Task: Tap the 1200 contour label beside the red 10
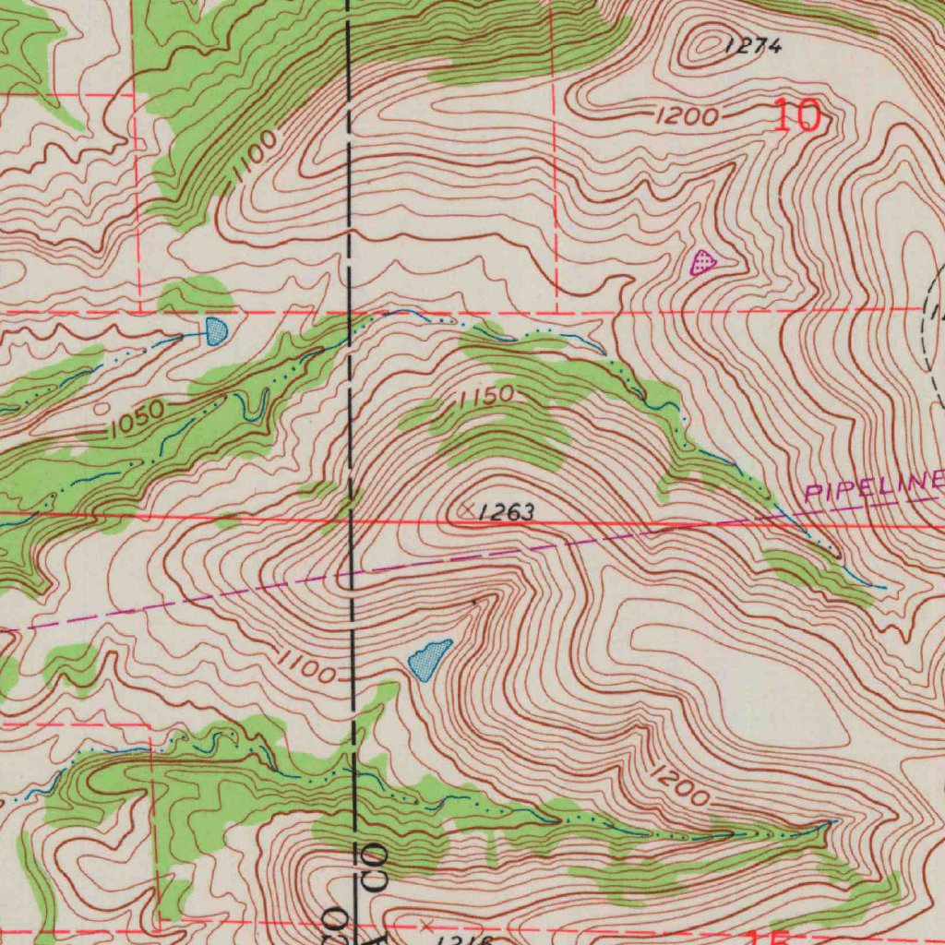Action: pos(687,116)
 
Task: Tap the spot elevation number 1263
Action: pos(507,513)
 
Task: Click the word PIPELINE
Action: pos(873,484)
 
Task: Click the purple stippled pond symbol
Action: pos(704,263)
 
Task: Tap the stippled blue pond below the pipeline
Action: pos(429,661)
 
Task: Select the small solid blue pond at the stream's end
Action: pos(215,330)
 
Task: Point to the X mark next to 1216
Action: pos(425,924)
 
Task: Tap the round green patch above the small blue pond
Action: pos(195,295)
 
